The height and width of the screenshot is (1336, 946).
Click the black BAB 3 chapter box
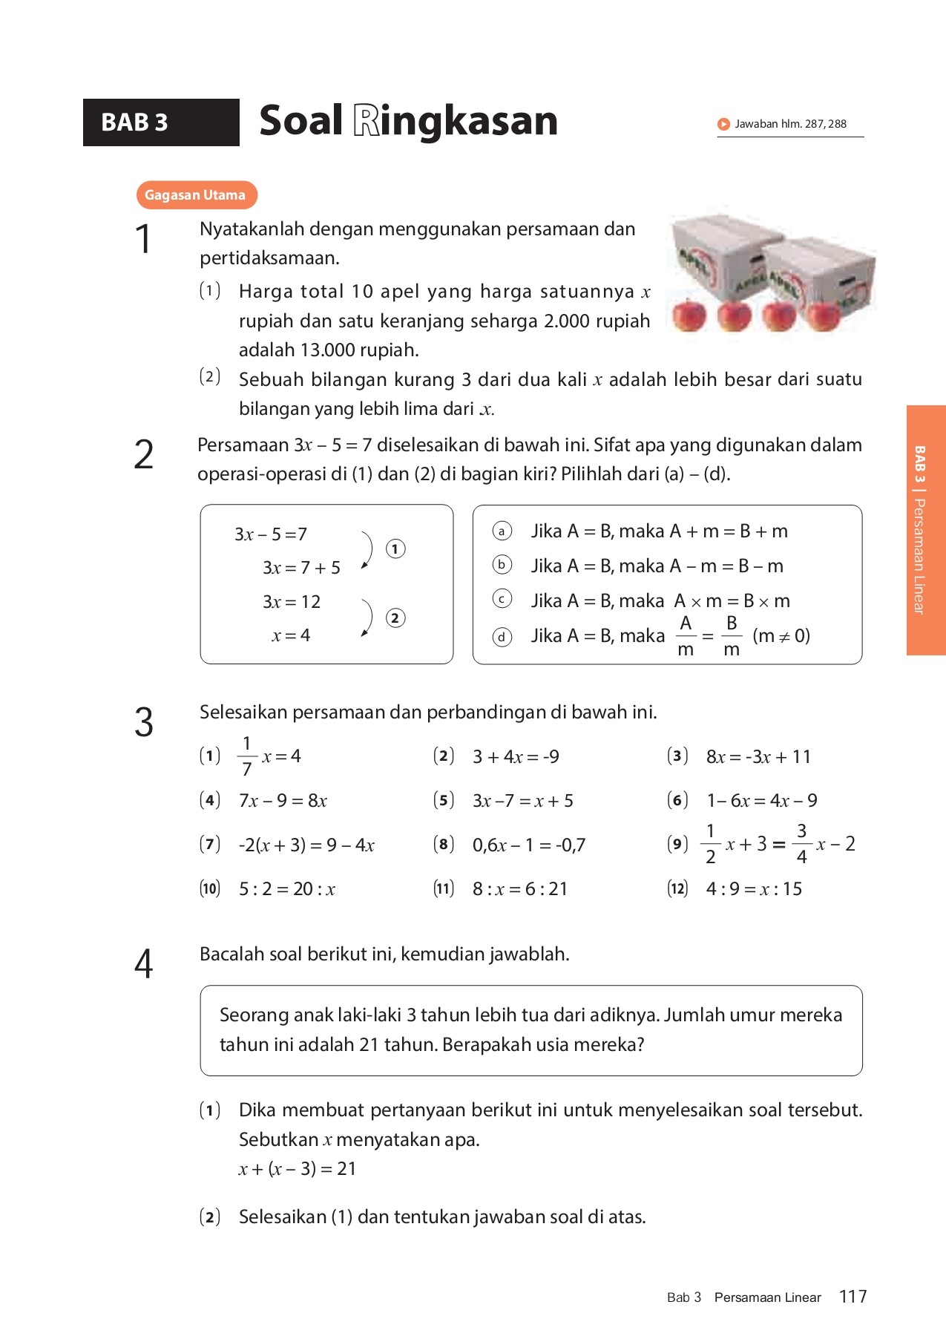[161, 122]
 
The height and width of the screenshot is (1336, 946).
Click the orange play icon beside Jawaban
[723, 124]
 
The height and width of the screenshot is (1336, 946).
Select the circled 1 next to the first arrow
[395, 549]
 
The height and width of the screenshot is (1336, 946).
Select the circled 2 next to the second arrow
[395, 618]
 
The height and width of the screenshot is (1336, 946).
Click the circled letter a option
[502, 531]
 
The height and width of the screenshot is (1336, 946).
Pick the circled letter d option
[502, 637]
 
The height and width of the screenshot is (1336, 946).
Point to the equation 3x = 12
[292, 602]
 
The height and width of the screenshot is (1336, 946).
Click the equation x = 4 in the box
[291, 635]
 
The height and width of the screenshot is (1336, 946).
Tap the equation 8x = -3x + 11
[758, 757]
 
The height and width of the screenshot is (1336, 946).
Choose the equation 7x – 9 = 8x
[283, 801]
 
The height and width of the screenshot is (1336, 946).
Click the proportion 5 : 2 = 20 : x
[287, 889]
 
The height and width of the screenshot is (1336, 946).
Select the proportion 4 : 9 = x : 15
[754, 889]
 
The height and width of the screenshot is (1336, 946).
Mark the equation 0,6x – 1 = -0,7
[529, 845]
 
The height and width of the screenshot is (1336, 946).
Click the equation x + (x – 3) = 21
[298, 1169]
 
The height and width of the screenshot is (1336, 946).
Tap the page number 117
[853, 1297]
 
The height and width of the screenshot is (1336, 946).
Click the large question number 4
[143, 964]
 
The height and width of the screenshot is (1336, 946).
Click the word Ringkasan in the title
[455, 121]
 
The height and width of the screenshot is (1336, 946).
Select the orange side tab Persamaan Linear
[925, 530]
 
